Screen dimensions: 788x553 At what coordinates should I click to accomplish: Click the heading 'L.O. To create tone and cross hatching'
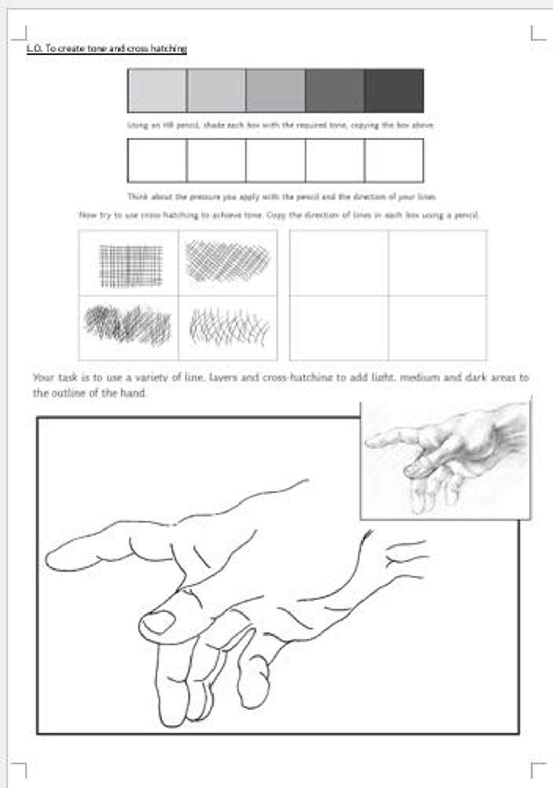coord(107,49)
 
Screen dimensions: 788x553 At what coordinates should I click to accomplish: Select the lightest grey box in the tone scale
coord(157,91)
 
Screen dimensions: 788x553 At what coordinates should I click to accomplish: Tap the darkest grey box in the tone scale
coord(394,91)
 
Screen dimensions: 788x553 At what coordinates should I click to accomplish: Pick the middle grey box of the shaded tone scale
coord(275,91)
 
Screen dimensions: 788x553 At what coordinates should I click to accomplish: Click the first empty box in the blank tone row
coord(157,160)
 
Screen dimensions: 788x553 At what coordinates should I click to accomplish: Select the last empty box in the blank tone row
coord(394,160)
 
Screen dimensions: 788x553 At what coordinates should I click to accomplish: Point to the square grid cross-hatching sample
coord(131,265)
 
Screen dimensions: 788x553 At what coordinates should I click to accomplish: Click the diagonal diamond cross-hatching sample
coord(228,261)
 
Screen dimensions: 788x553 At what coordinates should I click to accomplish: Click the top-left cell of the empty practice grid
coord(339,263)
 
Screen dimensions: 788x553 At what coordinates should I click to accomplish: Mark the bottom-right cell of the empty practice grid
coord(437,327)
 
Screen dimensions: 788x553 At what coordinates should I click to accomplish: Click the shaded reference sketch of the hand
coord(445,461)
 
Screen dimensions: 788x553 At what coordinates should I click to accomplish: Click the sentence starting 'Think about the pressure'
coord(282,196)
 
